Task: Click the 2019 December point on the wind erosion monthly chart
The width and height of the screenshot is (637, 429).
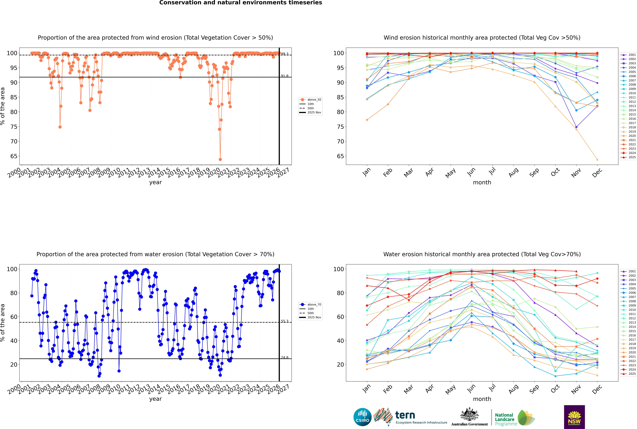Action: pyautogui.click(x=597, y=159)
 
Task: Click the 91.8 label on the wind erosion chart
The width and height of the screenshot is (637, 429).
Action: pyautogui.click(x=285, y=76)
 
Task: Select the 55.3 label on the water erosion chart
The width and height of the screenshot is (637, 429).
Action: pyautogui.click(x=285, y=321)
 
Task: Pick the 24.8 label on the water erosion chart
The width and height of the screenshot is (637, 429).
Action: pyautogui.click(x=285, y=358)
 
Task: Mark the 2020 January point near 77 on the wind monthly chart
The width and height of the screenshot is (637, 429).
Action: pyautogui.click(x=367, y=120)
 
